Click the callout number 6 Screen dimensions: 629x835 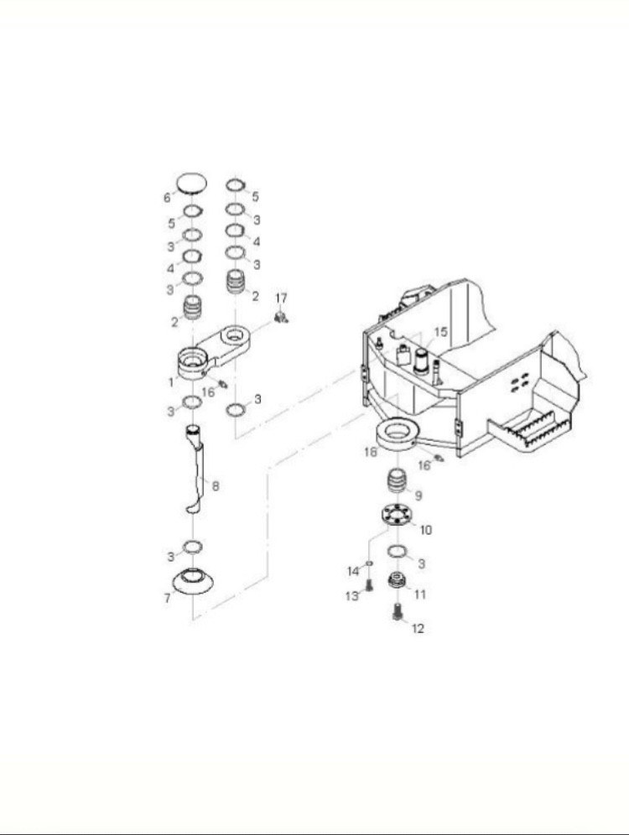point(167,198)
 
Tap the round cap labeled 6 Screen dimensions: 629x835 point(192,184)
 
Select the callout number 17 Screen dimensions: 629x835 point(281,298)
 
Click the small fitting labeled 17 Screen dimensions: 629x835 point(281,318)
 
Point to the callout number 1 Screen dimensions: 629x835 point(171,381)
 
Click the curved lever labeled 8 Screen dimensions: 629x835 point(195,469)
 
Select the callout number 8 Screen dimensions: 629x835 point(216,485)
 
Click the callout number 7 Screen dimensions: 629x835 point(167,598)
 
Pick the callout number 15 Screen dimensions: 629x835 point(441,332)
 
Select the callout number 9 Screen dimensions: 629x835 point(418,495)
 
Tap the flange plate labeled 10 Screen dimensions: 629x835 point(398,515)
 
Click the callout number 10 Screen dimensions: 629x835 point(426,530)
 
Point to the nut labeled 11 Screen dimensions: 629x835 point(396,580)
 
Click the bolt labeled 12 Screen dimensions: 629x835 point(396,611)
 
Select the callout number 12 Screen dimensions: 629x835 point(418,629)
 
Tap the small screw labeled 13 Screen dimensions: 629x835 point(368,586)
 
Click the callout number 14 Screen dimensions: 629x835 point(354,572)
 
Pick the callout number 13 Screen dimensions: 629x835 point(352,596)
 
